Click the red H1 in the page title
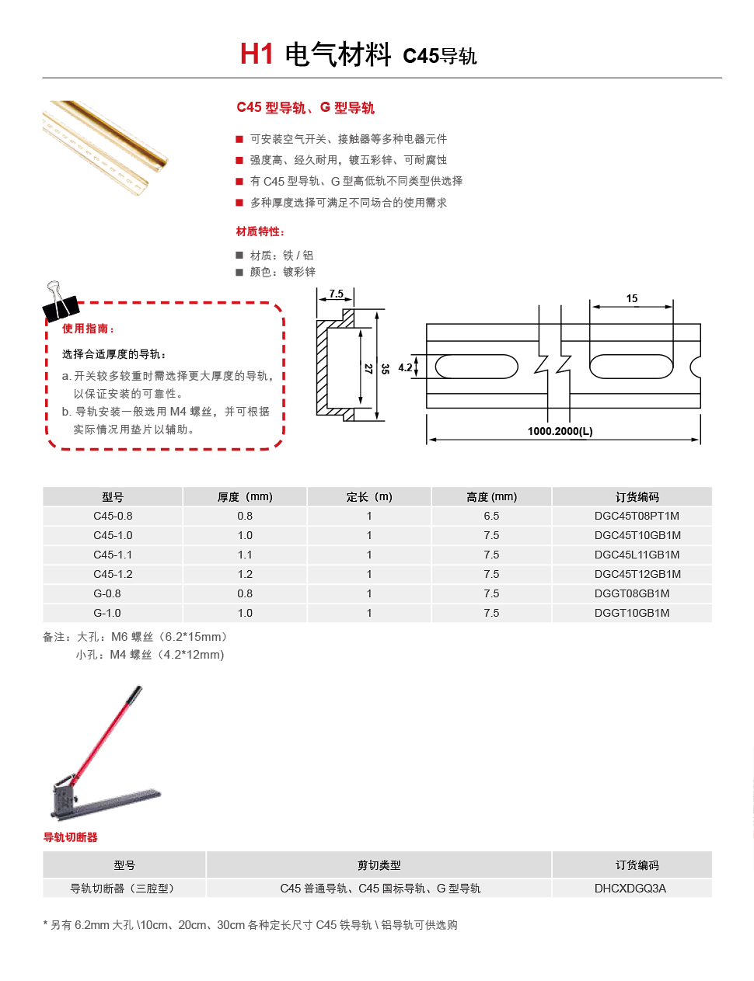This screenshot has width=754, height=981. (257, 54)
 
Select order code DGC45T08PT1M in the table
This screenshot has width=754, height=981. (636, 516)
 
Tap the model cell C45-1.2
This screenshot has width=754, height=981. (113, 574)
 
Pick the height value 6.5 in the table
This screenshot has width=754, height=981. (491, 516)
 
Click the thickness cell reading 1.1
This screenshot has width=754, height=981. (245, 555)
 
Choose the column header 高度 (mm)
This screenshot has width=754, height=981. (491, 496)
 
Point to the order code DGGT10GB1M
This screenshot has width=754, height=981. (631, 613)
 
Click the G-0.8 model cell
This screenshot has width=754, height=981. (107, 593)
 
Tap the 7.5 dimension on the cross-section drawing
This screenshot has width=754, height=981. (336, 294)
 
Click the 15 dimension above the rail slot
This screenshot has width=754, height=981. (631, 298)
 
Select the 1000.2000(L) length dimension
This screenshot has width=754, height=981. (560, 430)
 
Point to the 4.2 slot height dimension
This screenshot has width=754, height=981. (405, 367)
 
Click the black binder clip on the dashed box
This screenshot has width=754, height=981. (60, 301)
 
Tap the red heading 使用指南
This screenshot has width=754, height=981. (88, 329)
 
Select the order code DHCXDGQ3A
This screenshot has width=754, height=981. (630, 888)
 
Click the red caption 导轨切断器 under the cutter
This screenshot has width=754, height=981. (70, 837)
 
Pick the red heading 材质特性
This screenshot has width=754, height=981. (260, 231)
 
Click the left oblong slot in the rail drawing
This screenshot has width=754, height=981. (476, 366)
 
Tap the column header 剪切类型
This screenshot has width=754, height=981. (379, 864)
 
